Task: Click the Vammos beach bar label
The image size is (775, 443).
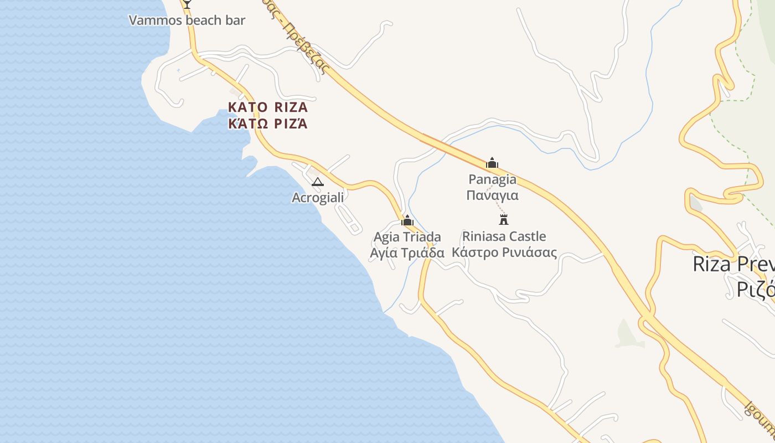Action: (187, 20)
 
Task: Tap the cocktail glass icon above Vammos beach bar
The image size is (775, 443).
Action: (187, 3)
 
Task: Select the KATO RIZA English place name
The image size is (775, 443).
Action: (268, 107)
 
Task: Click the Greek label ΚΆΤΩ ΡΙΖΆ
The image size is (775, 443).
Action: (268, 123)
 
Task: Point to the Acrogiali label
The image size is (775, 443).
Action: (318, 197)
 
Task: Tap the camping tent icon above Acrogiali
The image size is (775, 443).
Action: (318, 182)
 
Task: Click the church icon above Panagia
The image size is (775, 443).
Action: (492, 163)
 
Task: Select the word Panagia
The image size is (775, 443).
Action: (492, 179)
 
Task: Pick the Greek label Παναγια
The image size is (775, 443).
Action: (492, 195)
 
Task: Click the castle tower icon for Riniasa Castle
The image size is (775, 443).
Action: (504, 219)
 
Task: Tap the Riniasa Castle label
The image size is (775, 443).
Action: (504, 236)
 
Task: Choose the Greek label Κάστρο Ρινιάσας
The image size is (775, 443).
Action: (504, 253)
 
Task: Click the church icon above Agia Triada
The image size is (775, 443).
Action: (407, 220)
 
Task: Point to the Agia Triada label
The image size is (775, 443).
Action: (407, 237)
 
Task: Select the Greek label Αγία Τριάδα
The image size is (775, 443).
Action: (407, 253)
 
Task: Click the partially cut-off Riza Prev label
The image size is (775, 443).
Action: (733, 264)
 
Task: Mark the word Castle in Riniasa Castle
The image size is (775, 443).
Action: (527, 236)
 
